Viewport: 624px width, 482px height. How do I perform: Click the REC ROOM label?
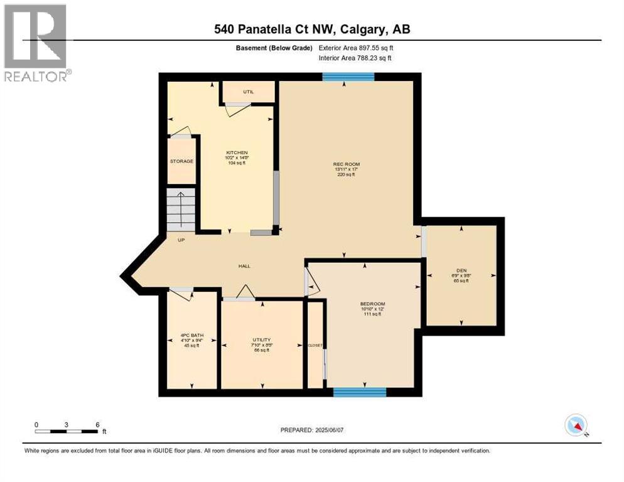pos(347,164)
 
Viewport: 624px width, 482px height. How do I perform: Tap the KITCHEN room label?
pos(237,153)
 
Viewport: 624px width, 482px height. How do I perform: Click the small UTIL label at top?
pos(248,92)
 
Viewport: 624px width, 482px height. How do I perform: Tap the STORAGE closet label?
pos(181,161)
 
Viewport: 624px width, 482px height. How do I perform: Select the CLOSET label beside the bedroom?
pos(315,345)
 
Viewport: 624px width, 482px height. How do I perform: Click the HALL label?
pos(244,266)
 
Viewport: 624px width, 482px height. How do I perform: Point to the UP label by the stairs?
pos(181,240)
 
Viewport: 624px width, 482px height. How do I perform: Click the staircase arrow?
pos(181,210)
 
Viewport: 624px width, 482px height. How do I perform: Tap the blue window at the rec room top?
pos(348,77)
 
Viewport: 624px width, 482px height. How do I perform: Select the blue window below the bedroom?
pos(359,392)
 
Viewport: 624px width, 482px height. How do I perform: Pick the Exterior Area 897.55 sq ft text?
pos(357,48)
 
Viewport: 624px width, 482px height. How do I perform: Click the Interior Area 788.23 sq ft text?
pos(355,58)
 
